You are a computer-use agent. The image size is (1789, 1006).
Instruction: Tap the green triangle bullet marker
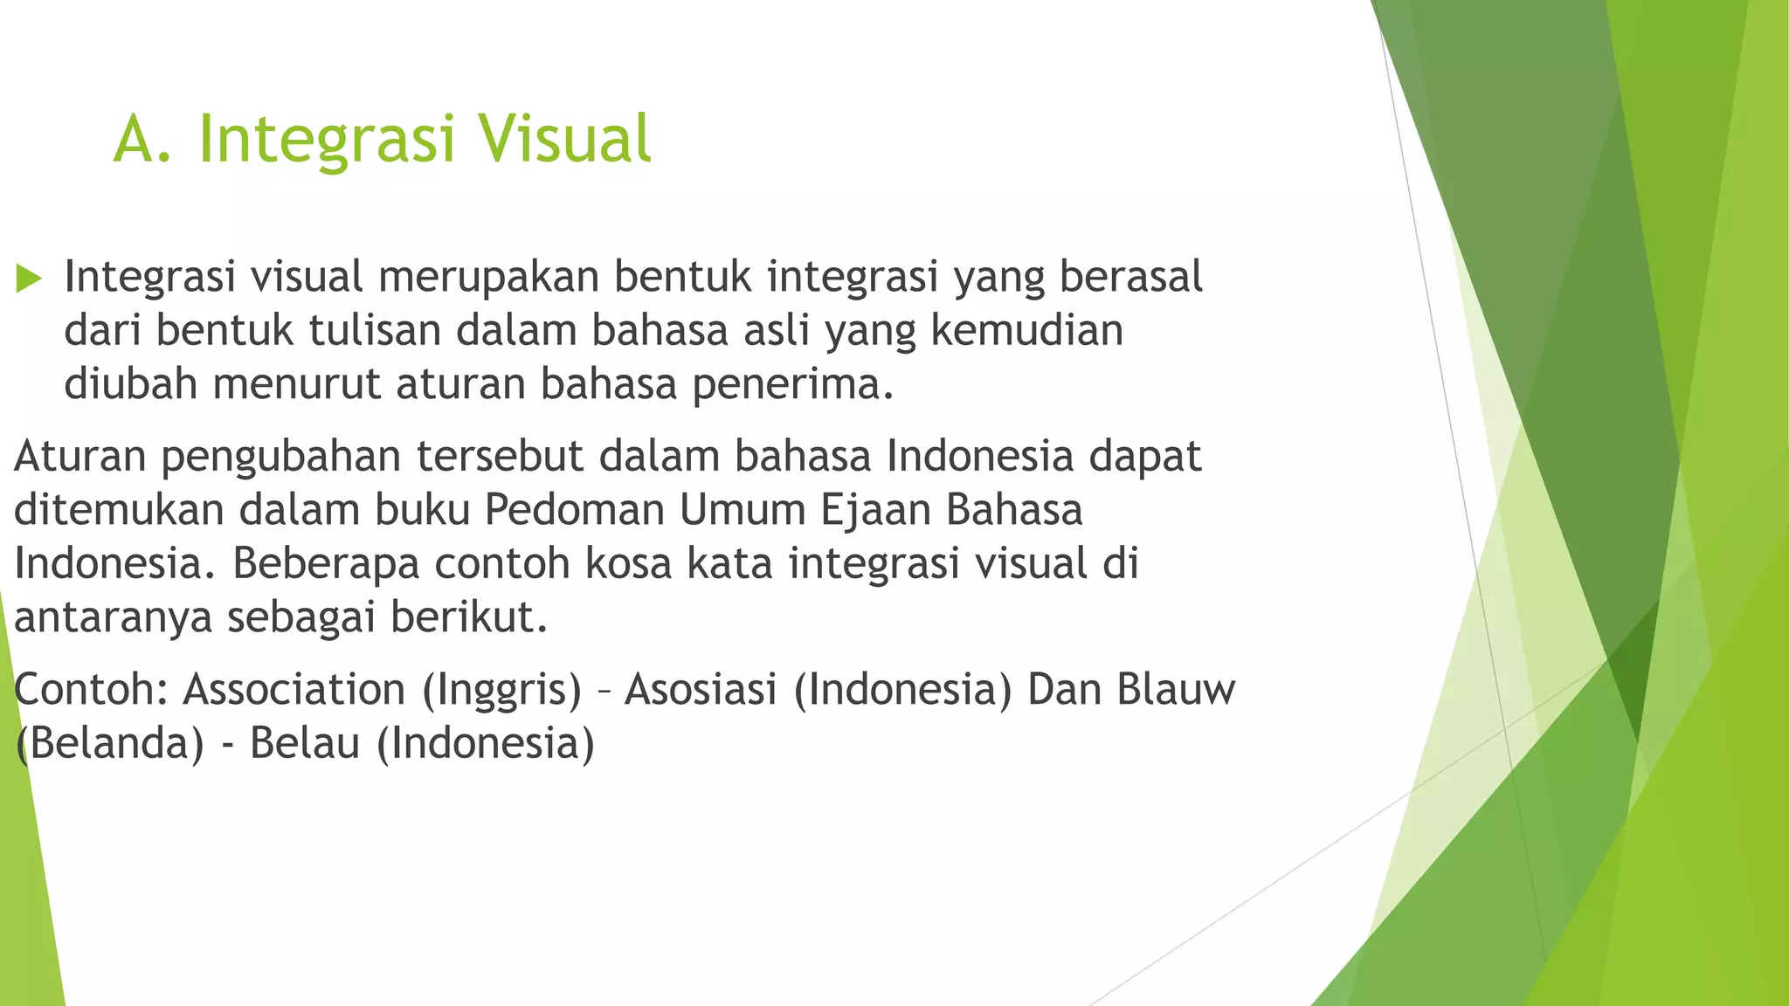tap(29, 279)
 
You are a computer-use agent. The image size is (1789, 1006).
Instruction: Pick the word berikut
tap(468, 617)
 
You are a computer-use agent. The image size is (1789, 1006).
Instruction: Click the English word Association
tap(294, 690)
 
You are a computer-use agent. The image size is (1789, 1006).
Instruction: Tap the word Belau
tap(305, 744)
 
